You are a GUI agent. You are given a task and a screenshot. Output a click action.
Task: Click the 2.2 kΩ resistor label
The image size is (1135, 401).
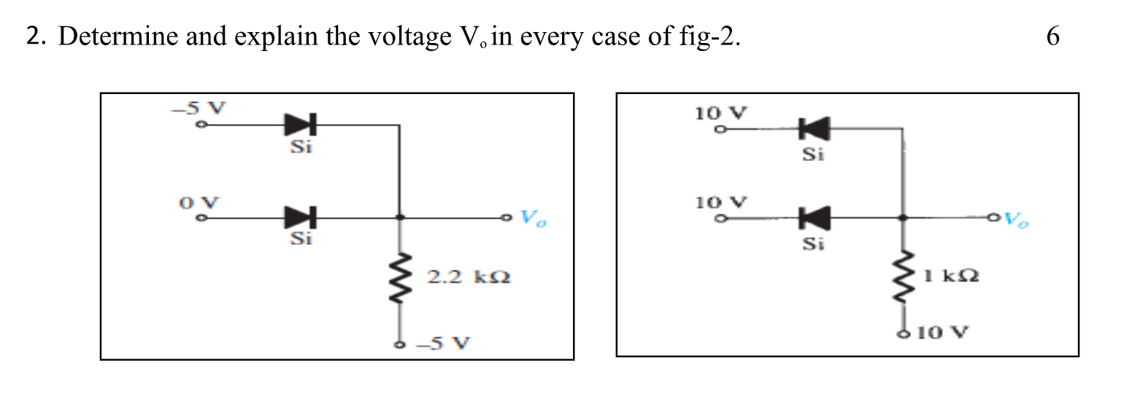(x=468, y=277)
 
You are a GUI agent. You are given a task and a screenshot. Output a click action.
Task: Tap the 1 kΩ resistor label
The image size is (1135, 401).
(x=950, y=276)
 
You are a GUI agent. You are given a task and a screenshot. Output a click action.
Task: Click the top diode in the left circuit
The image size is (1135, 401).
(x=300, y=125)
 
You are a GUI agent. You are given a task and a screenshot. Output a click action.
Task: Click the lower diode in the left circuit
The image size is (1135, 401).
(x=300, y=217)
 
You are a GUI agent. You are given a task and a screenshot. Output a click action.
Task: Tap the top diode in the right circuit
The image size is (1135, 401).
(x=814, y=131)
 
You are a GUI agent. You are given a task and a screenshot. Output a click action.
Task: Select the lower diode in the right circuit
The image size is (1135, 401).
(x=814, y=217)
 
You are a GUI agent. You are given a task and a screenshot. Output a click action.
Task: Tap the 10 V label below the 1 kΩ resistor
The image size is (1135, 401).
(x=942, y=334)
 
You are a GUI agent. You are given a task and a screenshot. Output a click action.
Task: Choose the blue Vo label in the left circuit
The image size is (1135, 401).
(x=534, y=218)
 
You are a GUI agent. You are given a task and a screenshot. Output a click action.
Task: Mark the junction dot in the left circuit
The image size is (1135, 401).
(x=399, y=217)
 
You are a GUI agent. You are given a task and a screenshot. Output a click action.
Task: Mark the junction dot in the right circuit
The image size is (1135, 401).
(x=903, y=217)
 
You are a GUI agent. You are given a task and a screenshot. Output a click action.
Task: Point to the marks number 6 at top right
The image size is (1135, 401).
(x=1052, y=36)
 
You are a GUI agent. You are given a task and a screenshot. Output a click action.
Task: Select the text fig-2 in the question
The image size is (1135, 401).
(x=709, y=36)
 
